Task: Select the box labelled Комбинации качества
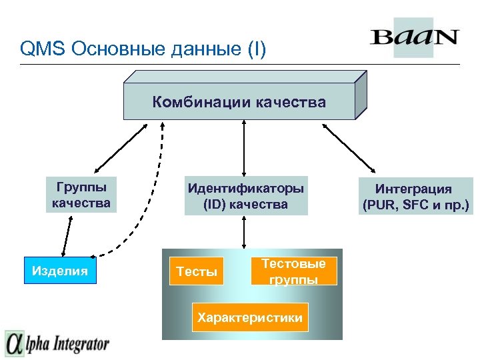[239, 102]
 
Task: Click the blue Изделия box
[60, 271]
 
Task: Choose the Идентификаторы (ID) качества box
[246, 197]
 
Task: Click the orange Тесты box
[197, 271]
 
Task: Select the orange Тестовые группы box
[293, 271]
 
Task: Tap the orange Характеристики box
[249, 318]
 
